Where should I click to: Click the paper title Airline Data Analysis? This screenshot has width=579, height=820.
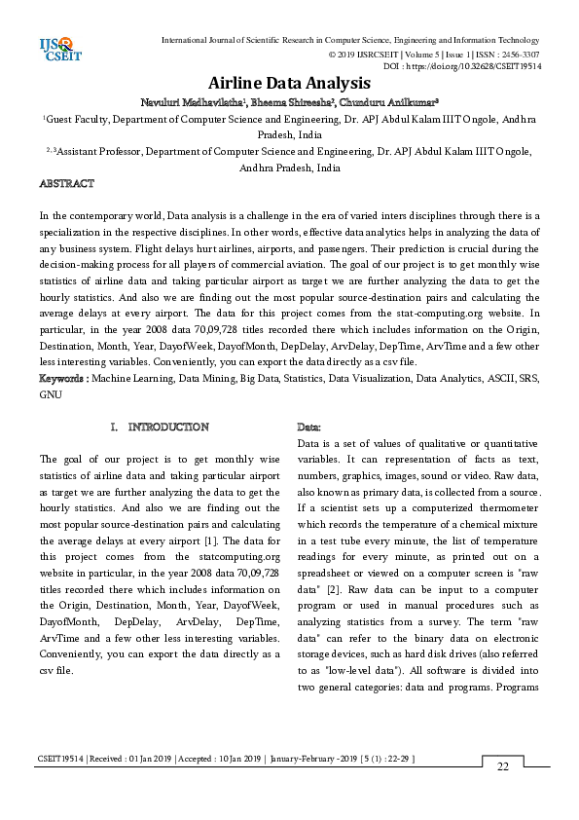[x=289, y=83]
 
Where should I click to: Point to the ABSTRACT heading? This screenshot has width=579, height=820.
[x=66, y=183]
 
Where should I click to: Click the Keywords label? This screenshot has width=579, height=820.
[x=63, y=377]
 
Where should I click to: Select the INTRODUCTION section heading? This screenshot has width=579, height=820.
[x=167, y=427]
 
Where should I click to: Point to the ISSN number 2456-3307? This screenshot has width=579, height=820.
[x=516, y=55]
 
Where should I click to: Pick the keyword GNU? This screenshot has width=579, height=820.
[x=51, y=395]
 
